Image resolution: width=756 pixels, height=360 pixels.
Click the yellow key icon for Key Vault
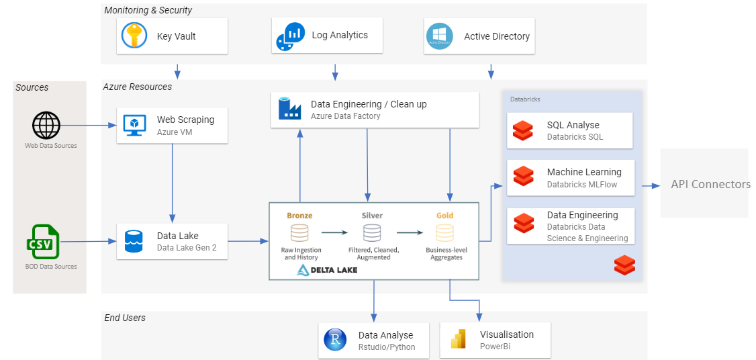click(x=134, y=36)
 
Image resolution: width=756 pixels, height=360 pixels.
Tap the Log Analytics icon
click(x=290, y=36)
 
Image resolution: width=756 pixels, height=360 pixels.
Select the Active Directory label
click(x=497, y=37)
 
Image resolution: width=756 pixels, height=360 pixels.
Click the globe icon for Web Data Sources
click(x=46, y=126)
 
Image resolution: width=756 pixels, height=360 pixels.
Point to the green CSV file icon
click(x=44, y=242)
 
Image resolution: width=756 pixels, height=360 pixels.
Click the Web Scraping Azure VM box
click(x=172, y=125)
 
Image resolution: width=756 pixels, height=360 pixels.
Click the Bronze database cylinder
click(x=299, y=233)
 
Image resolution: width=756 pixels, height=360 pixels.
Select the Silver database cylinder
click(x=372, y=233)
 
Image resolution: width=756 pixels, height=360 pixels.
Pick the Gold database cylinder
click(x=444, y=233)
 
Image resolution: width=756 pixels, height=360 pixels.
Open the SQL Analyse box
click(x=569, y=130)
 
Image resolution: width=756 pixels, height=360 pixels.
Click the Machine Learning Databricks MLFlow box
click(x=569, y=177)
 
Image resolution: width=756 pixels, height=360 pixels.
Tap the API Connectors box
click(x=704, y=184)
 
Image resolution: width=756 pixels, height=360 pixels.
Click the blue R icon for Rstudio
click(x=335, y=340)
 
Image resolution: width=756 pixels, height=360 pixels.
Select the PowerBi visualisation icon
click(x=458, y=340)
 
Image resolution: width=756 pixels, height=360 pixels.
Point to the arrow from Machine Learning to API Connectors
click(x=649, y=185)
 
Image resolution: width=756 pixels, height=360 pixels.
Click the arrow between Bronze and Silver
click(x=335, y=233)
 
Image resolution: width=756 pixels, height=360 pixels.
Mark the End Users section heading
click(x=125, y=318)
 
